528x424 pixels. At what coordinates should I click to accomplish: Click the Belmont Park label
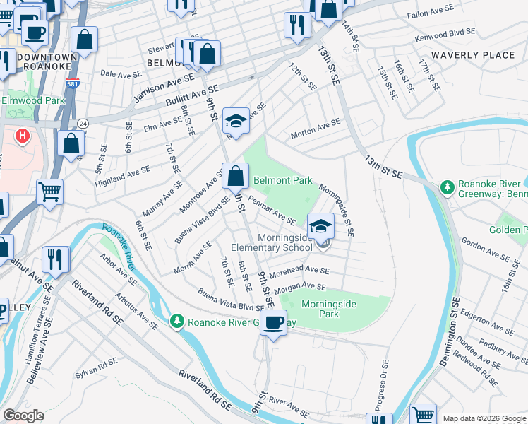tap(282, 180)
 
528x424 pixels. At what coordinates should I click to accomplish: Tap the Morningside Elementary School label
tap(275, 243)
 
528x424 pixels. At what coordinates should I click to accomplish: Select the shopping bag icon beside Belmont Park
tap(235, 175)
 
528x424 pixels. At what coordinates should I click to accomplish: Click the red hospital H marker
tap(23, 135)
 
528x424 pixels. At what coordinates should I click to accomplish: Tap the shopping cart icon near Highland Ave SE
tap(50, 191)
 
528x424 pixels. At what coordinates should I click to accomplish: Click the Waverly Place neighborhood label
tap(474, 55)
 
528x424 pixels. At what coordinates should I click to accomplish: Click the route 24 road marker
tap(82, 123)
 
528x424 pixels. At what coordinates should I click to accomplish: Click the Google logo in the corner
tap(23, 416)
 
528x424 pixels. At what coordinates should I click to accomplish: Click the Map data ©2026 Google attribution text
tap(484, 418)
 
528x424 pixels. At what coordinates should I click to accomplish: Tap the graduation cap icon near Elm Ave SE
tap(236, 120)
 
